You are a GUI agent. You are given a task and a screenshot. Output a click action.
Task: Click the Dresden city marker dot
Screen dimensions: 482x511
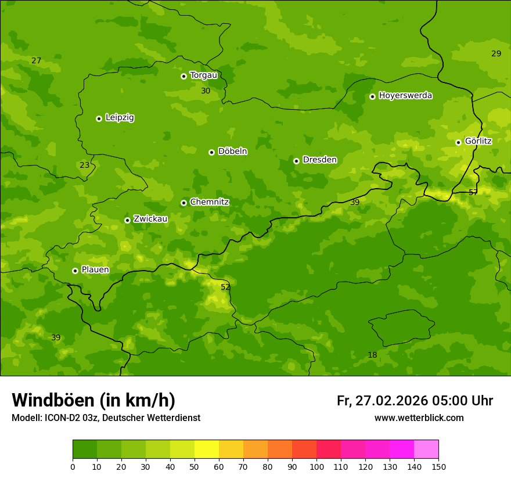296,161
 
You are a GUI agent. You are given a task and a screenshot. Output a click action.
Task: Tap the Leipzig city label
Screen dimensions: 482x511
120,117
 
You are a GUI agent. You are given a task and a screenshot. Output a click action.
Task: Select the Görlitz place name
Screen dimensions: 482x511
478,141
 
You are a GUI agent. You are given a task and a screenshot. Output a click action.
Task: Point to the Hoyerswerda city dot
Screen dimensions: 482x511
372,96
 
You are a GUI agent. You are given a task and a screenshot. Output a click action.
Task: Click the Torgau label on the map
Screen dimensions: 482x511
203,75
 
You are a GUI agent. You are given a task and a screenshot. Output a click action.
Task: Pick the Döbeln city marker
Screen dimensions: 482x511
211,152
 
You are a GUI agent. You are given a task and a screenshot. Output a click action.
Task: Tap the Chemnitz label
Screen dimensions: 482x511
209,202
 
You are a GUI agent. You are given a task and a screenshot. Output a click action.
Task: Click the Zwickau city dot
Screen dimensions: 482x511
127,220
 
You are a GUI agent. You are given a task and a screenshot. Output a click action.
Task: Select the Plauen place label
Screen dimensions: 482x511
95,270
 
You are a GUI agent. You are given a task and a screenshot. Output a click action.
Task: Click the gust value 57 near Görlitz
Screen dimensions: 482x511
473,192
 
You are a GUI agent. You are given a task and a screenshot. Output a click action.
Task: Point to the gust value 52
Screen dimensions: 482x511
225,287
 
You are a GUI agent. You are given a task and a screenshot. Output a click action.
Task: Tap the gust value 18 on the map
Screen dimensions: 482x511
372,355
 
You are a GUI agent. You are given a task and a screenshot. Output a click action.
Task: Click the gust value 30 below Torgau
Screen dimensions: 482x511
206,91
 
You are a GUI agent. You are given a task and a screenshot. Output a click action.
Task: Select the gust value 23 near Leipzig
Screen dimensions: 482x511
85,165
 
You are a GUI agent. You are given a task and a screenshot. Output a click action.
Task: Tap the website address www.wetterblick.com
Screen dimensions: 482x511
419,418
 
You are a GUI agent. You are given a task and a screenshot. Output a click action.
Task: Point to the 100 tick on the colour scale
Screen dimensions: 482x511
316,466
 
